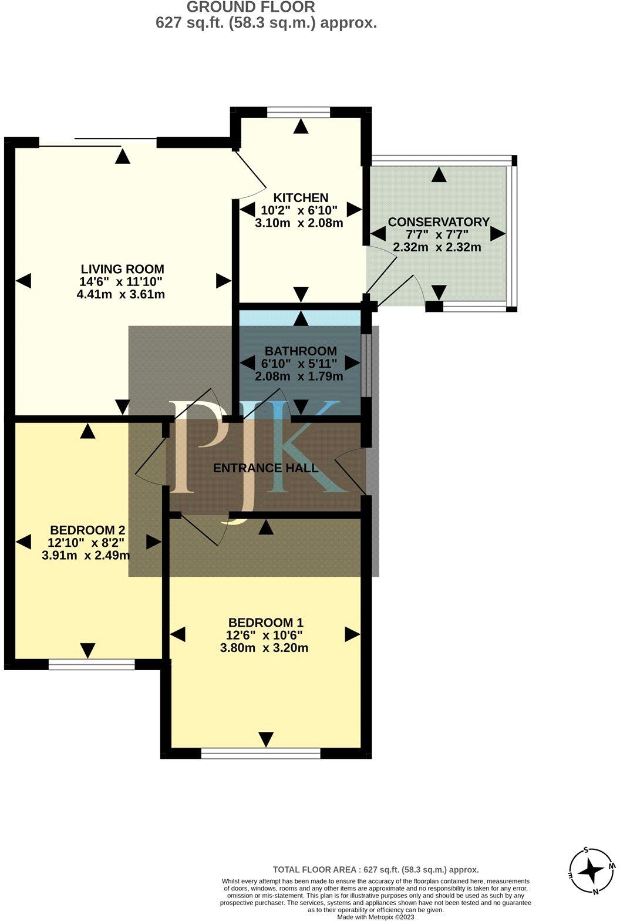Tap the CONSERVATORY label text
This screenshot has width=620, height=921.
coord(439,222)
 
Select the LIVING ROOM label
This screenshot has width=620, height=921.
coord(122,270)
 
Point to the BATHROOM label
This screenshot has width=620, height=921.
coord(300,351)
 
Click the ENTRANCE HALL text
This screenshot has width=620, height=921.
coord(265,468)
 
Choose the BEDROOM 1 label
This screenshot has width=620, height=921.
coord(265,623)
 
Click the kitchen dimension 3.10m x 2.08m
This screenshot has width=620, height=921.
coord(299,223)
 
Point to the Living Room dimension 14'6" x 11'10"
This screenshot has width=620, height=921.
coord(122,282)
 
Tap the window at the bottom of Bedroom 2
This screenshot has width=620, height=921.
coord(91,664)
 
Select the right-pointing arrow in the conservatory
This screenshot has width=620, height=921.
coord(498,234)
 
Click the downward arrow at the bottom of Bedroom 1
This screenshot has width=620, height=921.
coord(266,738)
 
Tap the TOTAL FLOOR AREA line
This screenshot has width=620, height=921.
coord(376,869)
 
